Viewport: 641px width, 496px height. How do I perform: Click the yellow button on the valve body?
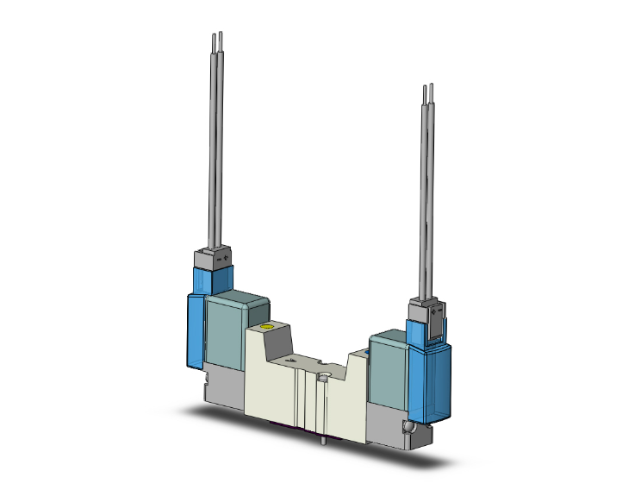click(267, 328)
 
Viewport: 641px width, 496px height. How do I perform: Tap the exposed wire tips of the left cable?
click(218, 39)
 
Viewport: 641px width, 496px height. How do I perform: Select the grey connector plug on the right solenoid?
click(425, 311)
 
